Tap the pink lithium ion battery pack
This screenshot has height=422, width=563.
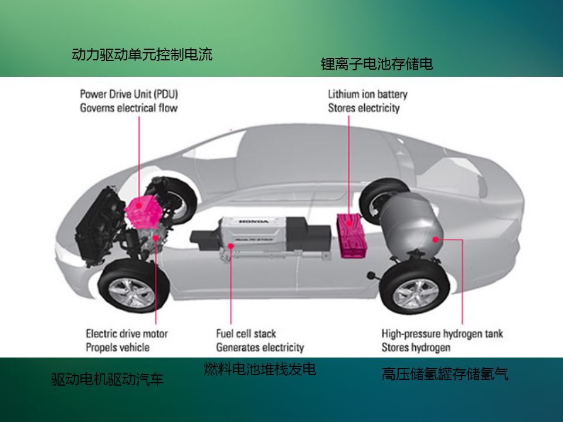pos(351,235)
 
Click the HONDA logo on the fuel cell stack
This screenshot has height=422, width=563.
pos(253,222)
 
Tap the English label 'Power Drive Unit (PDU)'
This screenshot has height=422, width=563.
pos(129,94)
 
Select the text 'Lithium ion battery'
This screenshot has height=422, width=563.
pos(368,94)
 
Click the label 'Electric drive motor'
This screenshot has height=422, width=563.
pos(127,333)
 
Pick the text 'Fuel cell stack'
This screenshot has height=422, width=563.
pos(246,333)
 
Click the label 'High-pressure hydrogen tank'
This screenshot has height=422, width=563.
pos(442,333)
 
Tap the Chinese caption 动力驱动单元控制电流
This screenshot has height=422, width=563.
pos(142,55)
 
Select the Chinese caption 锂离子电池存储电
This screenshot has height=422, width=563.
pos(377,64)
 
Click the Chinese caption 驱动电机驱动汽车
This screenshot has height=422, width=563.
pos(107,380)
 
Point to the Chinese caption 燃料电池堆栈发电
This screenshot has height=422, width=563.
pos(260,369)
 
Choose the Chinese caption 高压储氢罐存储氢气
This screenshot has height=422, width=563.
pos(445,374)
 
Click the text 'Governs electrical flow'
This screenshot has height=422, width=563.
pos(128,108)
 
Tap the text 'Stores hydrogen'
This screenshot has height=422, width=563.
pos(416,347)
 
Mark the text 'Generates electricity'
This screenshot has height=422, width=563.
pos(260,347)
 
